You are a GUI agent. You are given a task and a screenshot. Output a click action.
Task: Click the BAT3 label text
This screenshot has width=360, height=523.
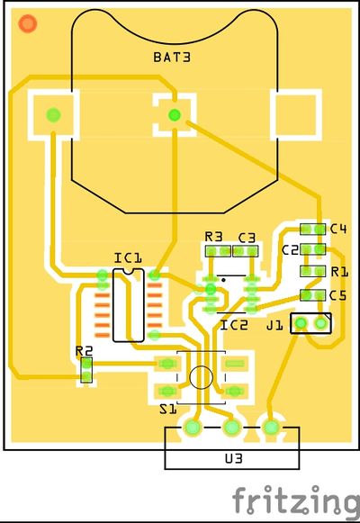(x=172, y=57)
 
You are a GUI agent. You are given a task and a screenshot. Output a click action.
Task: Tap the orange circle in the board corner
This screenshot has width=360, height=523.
(x=28, y=23)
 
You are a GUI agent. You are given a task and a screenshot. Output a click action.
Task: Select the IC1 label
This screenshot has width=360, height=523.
(x=128, y=257)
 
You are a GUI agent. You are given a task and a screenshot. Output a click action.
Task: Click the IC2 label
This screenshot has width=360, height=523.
(x=234, y=325)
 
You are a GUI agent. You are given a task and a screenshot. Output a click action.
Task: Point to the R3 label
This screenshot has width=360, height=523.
(x=213, y=237)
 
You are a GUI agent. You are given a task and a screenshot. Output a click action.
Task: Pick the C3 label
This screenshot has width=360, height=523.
(x=247, y=238)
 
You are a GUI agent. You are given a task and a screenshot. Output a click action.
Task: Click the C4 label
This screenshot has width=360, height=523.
(x=338, y=229)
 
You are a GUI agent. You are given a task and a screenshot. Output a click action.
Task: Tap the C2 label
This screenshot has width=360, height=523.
(x=290, y=250)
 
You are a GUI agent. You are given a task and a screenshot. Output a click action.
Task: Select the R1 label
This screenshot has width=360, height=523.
(x=339, y=272)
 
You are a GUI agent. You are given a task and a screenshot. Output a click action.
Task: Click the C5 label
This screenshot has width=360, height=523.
(x=338, y=295)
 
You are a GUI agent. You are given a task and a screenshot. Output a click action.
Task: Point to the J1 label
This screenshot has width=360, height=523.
(x=274, y=325)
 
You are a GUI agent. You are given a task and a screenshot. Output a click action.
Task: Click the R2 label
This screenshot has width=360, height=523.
(x=84, y=351)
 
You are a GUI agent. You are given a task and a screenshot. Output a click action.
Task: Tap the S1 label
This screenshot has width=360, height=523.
(x=168, y=409)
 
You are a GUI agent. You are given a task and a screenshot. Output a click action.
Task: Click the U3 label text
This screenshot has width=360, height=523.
(x=233, y=458)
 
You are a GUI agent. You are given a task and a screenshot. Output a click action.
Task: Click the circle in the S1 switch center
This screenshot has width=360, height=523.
(x=201, y=377)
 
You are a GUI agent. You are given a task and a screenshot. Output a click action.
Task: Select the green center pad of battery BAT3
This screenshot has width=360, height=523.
(x=175, y=115)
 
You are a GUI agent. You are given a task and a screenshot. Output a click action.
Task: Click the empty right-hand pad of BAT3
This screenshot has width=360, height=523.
(x=296, y=114)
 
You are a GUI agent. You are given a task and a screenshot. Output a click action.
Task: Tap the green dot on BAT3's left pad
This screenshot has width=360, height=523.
(x=53, y=115)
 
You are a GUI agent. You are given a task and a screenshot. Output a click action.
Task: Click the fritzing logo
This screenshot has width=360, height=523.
(x=296, y=502)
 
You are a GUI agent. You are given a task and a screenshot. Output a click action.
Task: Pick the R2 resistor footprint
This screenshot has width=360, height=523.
(x=86, y=370)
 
